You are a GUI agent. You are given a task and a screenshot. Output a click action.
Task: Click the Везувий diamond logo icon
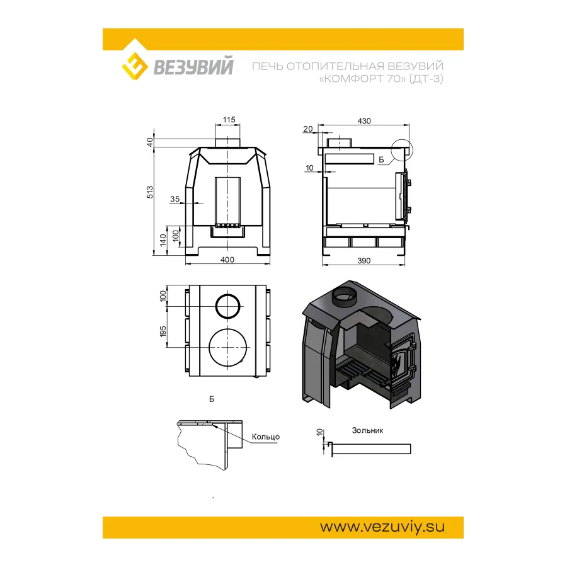[x=135, y=66]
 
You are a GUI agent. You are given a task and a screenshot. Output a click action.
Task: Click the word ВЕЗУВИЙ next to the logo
[x=193, y=67]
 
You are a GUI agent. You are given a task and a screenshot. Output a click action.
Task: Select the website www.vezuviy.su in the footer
[x=382, y=527]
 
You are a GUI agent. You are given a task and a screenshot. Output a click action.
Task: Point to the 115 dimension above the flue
[x=229, y=120]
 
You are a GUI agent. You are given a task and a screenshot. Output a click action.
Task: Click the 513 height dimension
[x=150, y=192]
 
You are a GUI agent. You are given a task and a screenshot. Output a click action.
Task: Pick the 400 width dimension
[x=227, y=260]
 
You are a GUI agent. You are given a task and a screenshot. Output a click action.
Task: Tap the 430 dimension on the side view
[x=364, y=121]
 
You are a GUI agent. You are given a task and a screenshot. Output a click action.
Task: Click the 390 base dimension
[x=364, y=261]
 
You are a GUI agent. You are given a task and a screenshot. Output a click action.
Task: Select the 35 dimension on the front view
[x=175, y=199]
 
